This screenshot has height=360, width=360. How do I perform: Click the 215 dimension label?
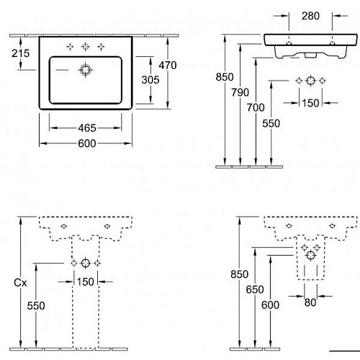tap(21, 53)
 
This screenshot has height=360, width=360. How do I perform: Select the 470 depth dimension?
tap(168, 65)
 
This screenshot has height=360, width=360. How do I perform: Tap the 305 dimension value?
tap(150, 80)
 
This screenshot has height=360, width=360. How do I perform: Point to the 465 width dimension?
tap(87, 128)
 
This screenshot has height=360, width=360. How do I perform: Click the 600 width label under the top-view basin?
tap(87, 143)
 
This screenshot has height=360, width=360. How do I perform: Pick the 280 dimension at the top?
tap(310, 16)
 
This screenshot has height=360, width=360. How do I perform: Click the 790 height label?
tap(240, 92)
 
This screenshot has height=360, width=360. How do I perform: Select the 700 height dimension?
tap(256, 107)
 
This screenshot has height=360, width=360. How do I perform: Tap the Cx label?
tap(20, 283)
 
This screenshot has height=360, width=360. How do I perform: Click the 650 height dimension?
tap(255, 289)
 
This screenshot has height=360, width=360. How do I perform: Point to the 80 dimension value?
tap(310, 302)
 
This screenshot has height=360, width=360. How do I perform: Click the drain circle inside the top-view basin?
tap(86, 70)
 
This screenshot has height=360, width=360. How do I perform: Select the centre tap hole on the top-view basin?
tap(86, 47)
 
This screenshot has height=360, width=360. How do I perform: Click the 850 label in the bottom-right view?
tap(239, 274)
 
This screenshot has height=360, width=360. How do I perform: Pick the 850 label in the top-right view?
tap(225, 77)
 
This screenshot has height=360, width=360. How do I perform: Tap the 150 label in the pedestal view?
tap(85, 282)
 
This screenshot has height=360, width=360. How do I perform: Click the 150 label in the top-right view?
tap(310, 103)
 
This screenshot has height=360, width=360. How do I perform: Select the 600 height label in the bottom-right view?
tap(270, 305)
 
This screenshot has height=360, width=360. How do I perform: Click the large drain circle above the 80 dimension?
tap(311, 256)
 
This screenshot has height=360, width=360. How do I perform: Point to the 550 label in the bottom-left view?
tap(36, 306)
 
